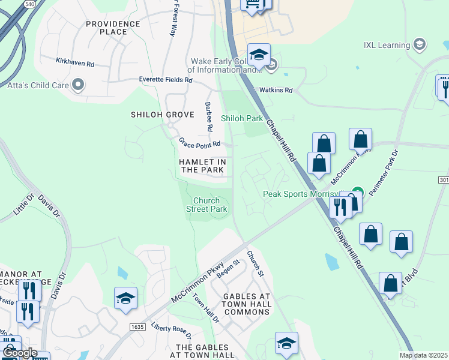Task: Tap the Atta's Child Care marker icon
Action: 77,85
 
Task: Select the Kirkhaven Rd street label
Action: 75,62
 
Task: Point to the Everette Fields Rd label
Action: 165,79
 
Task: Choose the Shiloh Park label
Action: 242,118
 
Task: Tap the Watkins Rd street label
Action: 276,90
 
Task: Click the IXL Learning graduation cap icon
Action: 420,44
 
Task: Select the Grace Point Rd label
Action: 200,143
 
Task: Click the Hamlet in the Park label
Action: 203,166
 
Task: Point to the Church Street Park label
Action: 209,205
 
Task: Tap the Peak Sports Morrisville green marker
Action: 357,193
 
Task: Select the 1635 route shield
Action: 137,326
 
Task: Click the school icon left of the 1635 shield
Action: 125,298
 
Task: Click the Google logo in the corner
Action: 20,353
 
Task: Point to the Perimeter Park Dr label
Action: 385,170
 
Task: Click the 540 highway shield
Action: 29,4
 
